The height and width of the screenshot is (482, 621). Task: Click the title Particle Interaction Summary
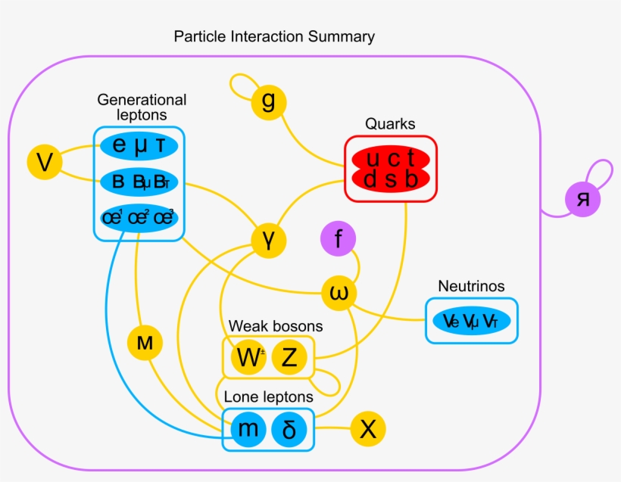273,36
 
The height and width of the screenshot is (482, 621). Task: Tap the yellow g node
269,101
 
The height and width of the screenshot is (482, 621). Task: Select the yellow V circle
45,163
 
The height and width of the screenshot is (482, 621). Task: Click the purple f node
339,240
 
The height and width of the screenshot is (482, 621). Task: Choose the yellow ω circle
339,293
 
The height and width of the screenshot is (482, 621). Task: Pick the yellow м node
145,344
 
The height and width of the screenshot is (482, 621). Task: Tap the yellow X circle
367,430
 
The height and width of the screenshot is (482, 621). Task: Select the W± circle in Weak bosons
249,358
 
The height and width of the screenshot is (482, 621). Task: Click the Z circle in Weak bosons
289,358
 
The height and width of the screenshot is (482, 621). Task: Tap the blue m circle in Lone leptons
249,429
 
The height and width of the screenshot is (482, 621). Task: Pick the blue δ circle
289,429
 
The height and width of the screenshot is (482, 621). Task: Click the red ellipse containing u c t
390,159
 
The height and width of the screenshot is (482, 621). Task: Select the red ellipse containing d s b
390,180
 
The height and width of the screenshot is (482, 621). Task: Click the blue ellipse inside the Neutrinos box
471,322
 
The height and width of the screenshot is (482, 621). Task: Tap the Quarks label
390,123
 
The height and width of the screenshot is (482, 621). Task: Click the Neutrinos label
471,286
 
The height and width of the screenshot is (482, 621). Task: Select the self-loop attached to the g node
241,85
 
